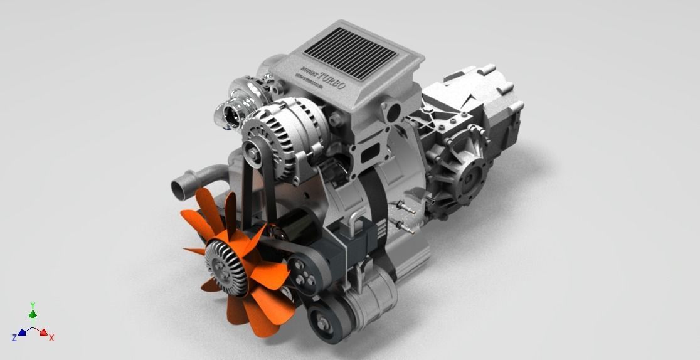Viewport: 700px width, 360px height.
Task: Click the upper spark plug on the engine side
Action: click(x=405, y=209)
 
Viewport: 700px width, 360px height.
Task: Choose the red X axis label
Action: click(x=51, y=337)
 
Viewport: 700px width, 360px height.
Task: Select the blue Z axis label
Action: click(x=14, y=338)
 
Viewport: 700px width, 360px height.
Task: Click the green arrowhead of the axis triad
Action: click(x=33, y=314)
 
